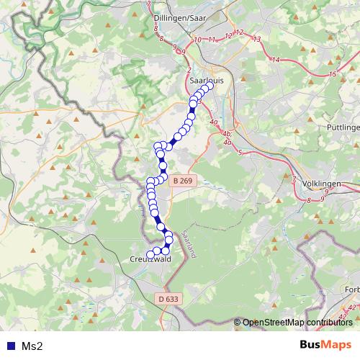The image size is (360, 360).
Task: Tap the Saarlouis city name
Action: (x=207, y=81)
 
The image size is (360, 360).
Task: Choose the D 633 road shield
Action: (x=167, y=298)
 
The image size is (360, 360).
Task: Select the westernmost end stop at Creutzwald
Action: (x=150, y=253)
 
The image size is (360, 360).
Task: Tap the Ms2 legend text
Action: (x=32, y=346)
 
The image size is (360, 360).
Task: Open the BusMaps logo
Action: (x=325, y=345)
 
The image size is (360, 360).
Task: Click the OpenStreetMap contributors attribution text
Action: (x=297, y=322)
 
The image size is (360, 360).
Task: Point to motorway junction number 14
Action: (x=276, y=60)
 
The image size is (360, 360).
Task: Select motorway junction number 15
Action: (x=331, y=74)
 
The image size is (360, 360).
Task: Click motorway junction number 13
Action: (x=257, y=39)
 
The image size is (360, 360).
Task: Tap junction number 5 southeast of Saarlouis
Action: (x=238, y=153)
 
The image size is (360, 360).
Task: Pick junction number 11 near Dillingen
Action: (x=212, y=39)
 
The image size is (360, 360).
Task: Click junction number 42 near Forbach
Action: (x=351, y=307)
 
